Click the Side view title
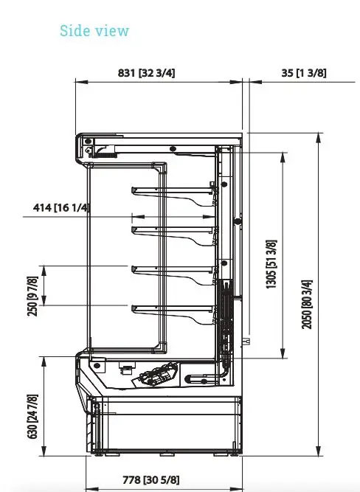click(94, 31)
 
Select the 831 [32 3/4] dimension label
click(146, 73)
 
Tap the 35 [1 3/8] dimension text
click(304, 73)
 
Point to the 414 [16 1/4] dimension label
click(61, 207)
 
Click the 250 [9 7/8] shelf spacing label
click(33, 297)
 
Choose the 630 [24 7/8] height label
click(33, 416)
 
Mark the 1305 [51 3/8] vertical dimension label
click(271, 264)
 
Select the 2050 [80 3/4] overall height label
click(307, 305)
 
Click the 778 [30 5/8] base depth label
click(151, 479)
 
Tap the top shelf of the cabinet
click(173, 190)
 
